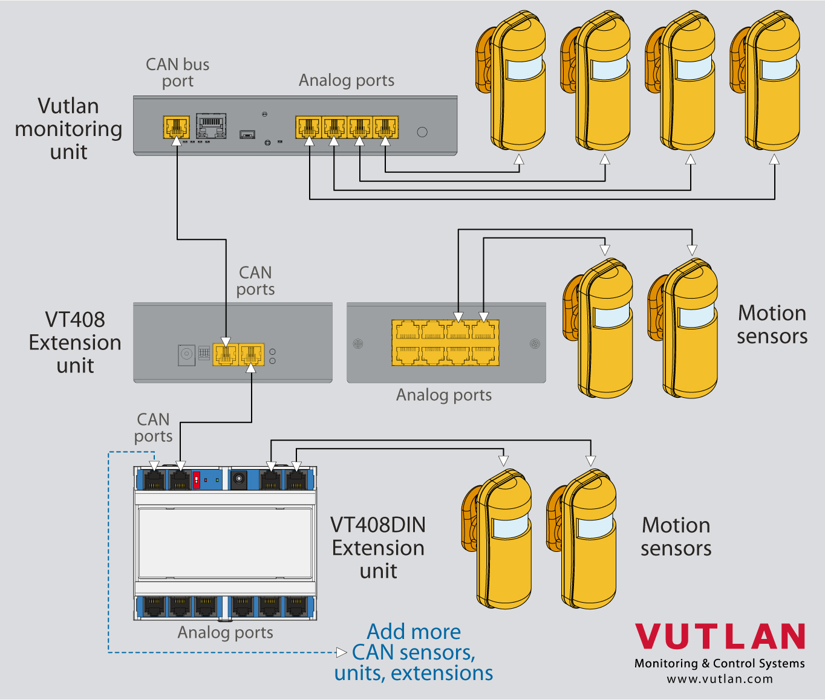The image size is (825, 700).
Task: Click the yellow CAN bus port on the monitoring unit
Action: (176, 127)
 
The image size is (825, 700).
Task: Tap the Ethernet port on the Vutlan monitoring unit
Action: (211, 126)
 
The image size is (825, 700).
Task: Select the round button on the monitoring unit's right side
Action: (422, 132)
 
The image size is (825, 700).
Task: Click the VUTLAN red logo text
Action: (720, 637)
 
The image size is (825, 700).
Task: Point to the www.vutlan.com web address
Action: (720, 679)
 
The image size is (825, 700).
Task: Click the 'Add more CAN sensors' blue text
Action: (414, 652)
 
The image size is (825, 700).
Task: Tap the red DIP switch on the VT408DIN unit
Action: (196, 480)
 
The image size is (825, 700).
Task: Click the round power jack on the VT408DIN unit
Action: (239, 479)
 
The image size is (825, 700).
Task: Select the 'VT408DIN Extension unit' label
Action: (378, 548)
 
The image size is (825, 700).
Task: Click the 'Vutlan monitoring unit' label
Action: (68, 129)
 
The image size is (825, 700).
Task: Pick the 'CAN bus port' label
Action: (177, 73)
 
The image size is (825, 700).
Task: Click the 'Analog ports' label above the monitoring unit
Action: (347, 80)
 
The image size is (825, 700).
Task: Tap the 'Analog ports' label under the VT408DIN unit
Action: (225, 632)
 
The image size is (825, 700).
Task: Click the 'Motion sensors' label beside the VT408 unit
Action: (772, 325)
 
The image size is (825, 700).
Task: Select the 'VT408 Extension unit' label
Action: (75, 342)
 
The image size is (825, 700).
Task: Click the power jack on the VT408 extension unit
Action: (186, 354)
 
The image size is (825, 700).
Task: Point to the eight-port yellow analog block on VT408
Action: (445, 343)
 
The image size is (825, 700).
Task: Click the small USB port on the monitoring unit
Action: (247, 134)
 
